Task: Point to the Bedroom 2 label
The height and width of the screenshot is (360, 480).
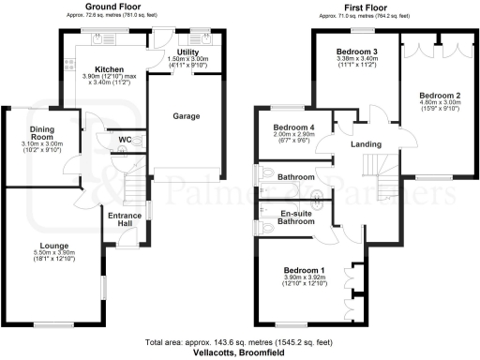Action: click(x=440, y=96)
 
